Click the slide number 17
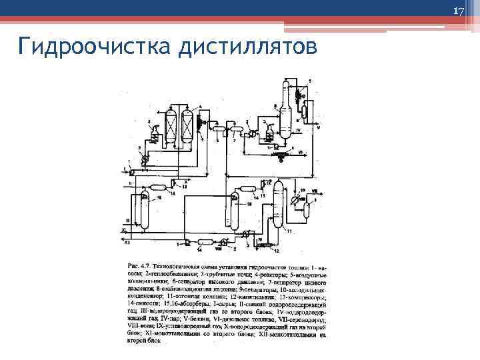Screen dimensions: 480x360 tap(458, 12)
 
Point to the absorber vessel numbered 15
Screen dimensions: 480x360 tap(235, 207)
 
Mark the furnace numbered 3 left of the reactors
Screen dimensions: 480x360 tap(154, 137)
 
